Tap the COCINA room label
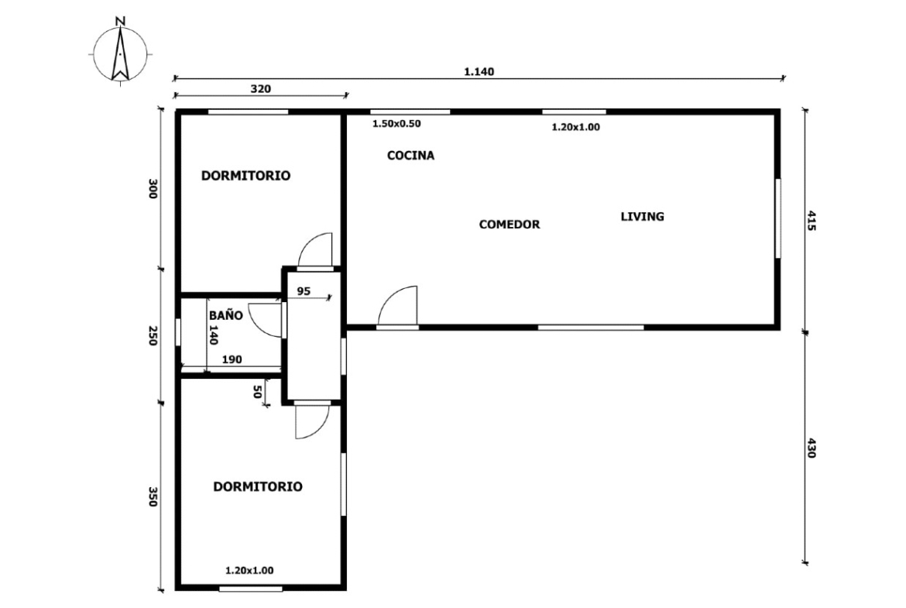pos(411,156)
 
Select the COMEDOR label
pos(510,225)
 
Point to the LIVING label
pos(643,216)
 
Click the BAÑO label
pos(225,315)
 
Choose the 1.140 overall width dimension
pos(479,72)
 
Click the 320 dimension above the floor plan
pos(261,89)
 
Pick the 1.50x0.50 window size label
pos(396,124)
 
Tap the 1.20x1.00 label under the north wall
pos(575,127)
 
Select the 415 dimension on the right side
pos(811,221)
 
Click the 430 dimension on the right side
pos(811,448)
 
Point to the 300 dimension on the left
pos(153,189)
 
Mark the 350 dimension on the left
pos(153,497)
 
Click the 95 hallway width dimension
pos(304,291)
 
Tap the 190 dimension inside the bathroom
pos(232,359)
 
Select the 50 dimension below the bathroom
pos(257,392)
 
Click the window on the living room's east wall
pos(777,218)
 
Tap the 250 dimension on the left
pos(153,336)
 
